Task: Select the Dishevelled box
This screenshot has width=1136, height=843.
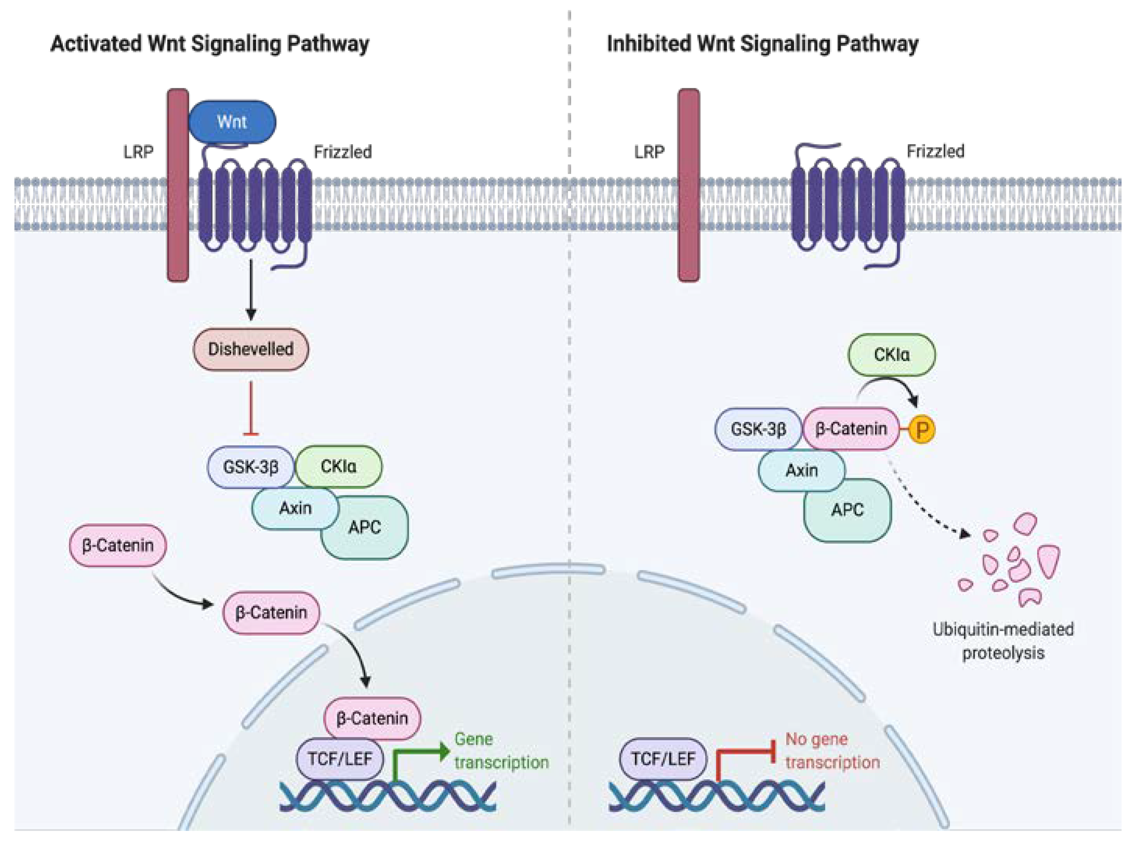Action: pos(250,349)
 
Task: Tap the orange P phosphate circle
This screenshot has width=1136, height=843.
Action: pos(922,429)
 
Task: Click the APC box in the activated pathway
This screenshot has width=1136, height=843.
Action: pos(365,527)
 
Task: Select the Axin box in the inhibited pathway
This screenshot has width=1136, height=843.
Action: pos(802,470)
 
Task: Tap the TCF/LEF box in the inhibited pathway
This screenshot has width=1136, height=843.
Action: pos(663,759)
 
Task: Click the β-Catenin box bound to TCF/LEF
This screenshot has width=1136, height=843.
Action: pos(373,718)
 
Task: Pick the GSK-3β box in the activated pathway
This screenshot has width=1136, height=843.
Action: pos(250,467)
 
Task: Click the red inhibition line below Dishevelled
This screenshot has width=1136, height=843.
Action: pos(250,408)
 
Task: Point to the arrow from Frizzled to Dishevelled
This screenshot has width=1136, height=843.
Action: pos(250,290)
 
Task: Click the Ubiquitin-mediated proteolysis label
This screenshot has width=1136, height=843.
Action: pos(1003,641)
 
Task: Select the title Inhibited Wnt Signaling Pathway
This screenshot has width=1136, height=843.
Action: pos(762,44)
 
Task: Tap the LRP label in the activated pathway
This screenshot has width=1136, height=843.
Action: pos(138,152)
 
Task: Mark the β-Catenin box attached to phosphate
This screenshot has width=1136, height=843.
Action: pos(851,429)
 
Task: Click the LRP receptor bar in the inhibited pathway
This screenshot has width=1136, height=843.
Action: pos(689,185)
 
